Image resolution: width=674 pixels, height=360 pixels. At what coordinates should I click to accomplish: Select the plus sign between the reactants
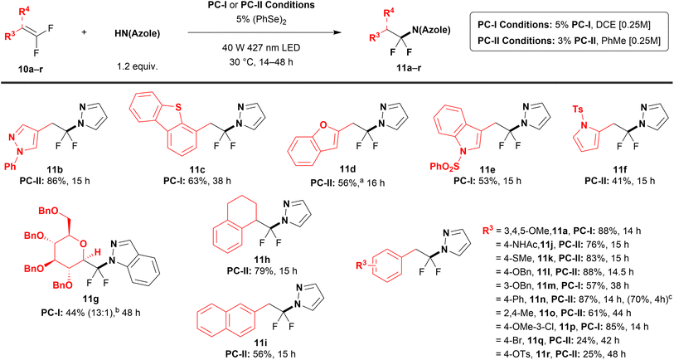[84, 32]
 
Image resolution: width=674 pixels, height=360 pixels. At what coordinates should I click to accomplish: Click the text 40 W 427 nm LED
[260, 47]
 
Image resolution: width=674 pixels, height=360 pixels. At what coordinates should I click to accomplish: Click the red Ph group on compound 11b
[10, 166]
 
